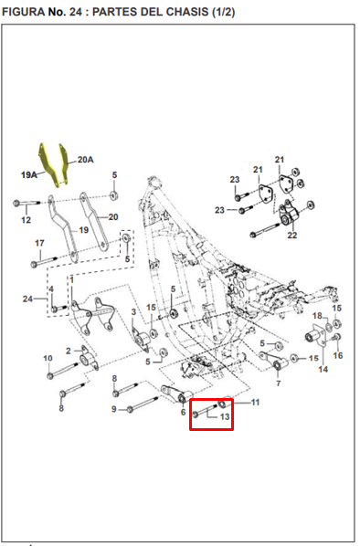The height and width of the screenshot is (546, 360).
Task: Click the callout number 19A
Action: point(29,174)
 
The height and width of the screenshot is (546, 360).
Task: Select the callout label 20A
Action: point(85,160)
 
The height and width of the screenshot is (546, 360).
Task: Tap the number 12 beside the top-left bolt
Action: point(26,220)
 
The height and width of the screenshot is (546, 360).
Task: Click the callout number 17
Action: point(39,243)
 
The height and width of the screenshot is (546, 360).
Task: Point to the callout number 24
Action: point(28,299)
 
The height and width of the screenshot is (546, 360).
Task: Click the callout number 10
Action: point(48,358)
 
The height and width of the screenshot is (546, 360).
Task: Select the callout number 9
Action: point(114,409)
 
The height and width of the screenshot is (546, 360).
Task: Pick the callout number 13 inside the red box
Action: point(225,416)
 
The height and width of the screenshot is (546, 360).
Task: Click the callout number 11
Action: point(256,403)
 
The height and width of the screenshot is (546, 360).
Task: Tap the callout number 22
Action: point(292,236)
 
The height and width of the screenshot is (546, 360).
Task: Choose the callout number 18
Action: point(317,316)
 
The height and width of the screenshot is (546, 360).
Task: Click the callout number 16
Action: point(338,355)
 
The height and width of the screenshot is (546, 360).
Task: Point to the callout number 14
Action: point(323,369)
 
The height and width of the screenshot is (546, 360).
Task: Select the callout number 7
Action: point(278,383)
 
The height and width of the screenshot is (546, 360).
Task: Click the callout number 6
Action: point(184,413)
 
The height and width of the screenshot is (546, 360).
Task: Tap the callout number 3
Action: point(133,311)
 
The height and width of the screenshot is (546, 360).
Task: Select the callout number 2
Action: point(69,351)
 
